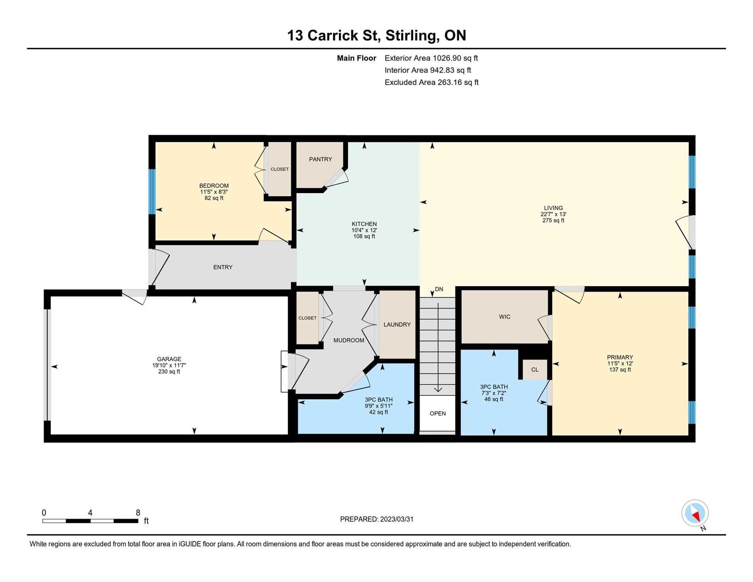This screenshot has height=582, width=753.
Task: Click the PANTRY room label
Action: (320, 159)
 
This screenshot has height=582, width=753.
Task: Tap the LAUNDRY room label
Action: (397, 325)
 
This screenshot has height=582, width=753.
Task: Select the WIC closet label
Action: (505, 317)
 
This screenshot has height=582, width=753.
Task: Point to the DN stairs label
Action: (439, 289)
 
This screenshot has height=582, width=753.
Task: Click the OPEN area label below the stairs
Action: (438, 414)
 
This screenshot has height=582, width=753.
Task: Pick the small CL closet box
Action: (535, 370)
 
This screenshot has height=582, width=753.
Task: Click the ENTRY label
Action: (223, 267)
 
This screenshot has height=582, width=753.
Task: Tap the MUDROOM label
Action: (349, 340)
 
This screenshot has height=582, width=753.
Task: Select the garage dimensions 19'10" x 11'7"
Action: (169, 366)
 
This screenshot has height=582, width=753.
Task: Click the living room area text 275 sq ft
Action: (553, 220)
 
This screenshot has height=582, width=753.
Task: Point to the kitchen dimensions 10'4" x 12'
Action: (364, 230)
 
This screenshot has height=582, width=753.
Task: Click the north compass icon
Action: (695, 513)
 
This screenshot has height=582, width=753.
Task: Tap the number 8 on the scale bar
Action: (138, 513)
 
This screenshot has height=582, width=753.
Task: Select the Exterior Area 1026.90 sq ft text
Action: (431, 58)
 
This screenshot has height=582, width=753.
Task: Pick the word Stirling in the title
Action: (412, 36)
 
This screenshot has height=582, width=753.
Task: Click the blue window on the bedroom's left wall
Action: (152, 192)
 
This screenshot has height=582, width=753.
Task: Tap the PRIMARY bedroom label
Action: (620, 358)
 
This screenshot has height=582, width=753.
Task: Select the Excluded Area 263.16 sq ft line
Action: (432, 82)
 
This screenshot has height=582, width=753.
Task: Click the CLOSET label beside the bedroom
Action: (280, 169)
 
